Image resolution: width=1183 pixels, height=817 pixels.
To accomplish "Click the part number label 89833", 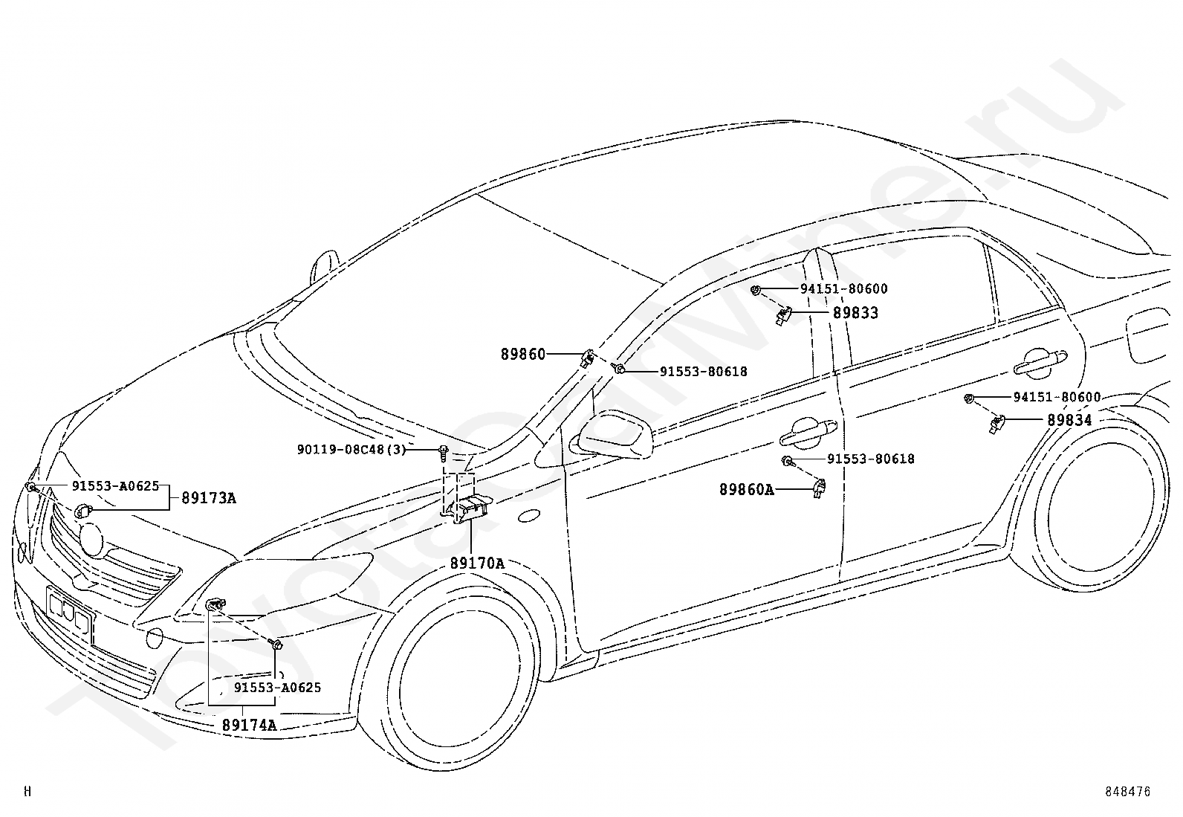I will (855, 313).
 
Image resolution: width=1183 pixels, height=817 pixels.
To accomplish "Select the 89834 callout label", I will (1069, 420).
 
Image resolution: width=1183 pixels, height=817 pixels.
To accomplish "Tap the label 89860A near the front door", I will (746, 489).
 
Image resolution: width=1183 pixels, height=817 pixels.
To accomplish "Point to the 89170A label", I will (476, 563).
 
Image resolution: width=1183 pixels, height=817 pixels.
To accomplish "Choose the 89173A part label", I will (208, 498).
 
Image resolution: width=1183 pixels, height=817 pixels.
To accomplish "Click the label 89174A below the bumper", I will (249, 725).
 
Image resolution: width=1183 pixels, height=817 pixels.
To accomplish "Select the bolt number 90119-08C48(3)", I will (351, 450).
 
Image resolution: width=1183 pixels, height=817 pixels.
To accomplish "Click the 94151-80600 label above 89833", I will (843, 289).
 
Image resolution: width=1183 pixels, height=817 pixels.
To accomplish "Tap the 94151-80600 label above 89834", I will (1057, 398).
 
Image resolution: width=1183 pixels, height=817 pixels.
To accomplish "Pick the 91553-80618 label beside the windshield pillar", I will (703, 372).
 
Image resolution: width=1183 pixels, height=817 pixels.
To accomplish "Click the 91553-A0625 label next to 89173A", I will (115, 486).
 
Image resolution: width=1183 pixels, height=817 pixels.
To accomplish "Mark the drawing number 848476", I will (1127, 792).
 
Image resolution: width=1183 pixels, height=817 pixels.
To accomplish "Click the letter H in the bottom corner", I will (27, 792).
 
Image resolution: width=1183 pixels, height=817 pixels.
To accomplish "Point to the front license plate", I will (68, 613).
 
